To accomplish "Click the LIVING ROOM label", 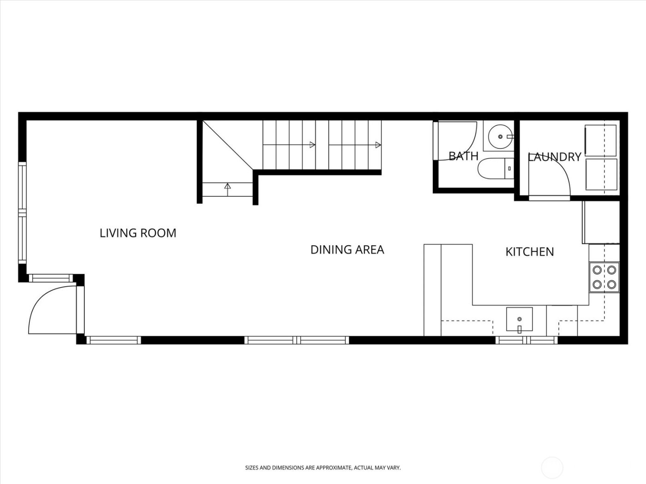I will point(138,233).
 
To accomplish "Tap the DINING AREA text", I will point(347,249).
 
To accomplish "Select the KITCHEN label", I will point(530,252).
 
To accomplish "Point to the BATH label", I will point(463,156).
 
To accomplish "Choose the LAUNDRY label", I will point(554,157).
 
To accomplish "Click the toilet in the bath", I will point(494,169).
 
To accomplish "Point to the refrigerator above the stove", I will point(600,222).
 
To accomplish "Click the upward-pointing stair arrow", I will point(227,187).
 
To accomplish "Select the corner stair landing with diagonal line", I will point(226,145).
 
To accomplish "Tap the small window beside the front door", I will point(51,278).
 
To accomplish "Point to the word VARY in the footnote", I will point(395,467).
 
